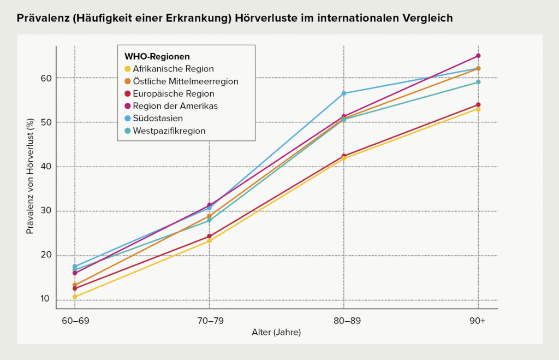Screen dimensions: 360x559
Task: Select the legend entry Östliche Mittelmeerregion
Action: point(181,81)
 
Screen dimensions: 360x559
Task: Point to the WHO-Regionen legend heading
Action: point(157,56)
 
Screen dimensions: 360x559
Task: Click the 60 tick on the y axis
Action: point(46,78)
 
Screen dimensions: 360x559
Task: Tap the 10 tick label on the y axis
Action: point(46,299)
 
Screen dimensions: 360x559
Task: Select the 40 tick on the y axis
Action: point(46,167)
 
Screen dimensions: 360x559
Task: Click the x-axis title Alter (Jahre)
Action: point(276,332)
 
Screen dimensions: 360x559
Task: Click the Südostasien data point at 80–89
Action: point(344,93)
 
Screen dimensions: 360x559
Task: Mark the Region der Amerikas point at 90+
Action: point(478,56)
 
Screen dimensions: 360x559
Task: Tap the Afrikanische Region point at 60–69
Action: point(75,297)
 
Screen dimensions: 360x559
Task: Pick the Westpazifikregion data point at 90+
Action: point(478,82)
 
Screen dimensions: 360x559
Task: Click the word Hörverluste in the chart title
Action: point(266,18)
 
